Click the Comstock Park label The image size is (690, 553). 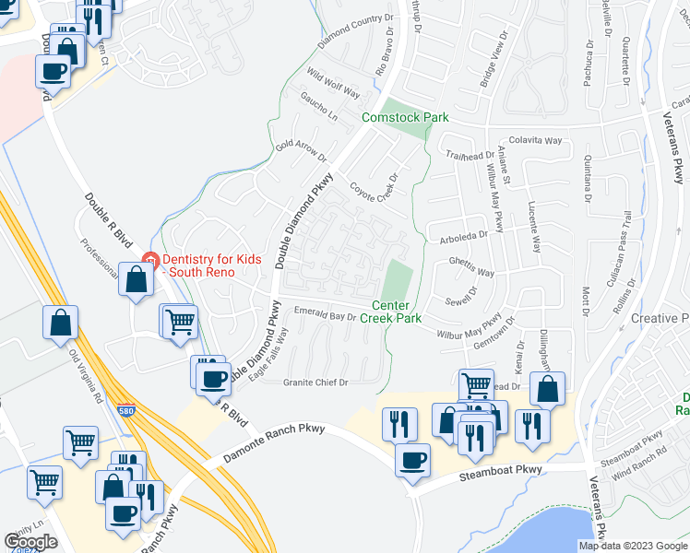tap(405, 117)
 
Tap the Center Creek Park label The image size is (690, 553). tap(397, 312)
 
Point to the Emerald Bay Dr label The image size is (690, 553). tap(324, 315)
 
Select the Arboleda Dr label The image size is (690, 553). tap(458, 234)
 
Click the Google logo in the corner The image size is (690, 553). tap(30, 542)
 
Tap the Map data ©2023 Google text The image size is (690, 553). tap(632, 546)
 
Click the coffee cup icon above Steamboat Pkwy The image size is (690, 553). tap(412, 458)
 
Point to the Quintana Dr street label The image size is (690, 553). tap(588, 176)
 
